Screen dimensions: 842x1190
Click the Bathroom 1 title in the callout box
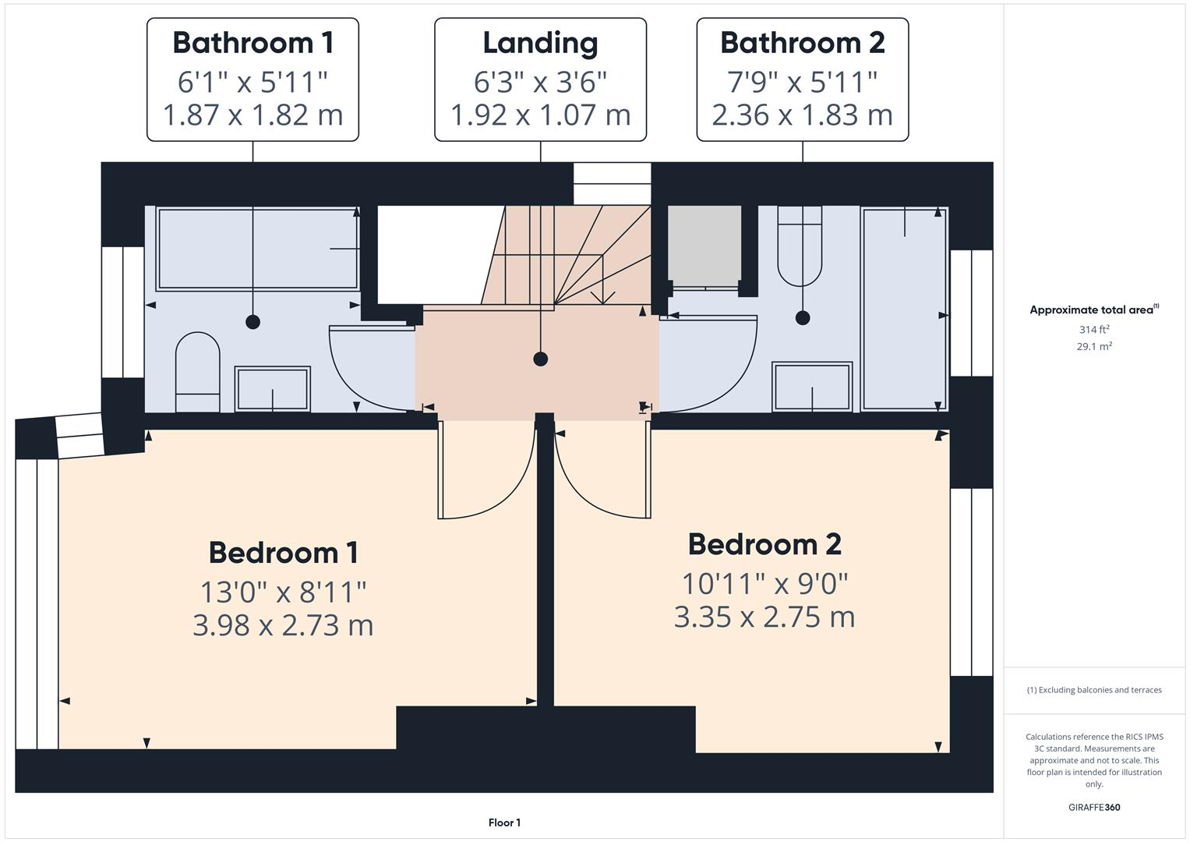click(x=252, y=43)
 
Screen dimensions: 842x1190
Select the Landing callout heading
click(x=540, y=43)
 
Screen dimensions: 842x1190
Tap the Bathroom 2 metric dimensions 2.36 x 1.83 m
click(x=802, y=115)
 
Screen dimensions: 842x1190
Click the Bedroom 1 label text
click(x=283, y=552)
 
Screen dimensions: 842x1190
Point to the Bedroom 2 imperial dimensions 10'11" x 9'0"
click(x=764, y=582)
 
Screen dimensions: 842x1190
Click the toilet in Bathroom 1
click(x=197, y=372)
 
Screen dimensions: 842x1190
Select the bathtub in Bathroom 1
click(x=257, y=249)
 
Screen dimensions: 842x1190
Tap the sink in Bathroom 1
click(x=273, y=388)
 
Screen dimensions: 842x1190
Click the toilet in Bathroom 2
click(x=800, y=246)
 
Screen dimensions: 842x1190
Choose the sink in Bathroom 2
click(x=812, y=387)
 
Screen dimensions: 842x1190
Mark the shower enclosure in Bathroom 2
click(x=904, y=308)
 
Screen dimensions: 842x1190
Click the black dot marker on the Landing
click(x=540, y=359)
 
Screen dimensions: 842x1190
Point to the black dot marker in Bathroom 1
click(x=252, y=321)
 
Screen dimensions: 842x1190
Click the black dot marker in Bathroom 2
click(x=803, y=317)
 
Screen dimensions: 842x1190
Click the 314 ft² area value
click(x=1093, y=330)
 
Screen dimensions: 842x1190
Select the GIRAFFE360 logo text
click(x=1093, y=807)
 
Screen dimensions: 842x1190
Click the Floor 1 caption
click(x=504, y=823)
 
